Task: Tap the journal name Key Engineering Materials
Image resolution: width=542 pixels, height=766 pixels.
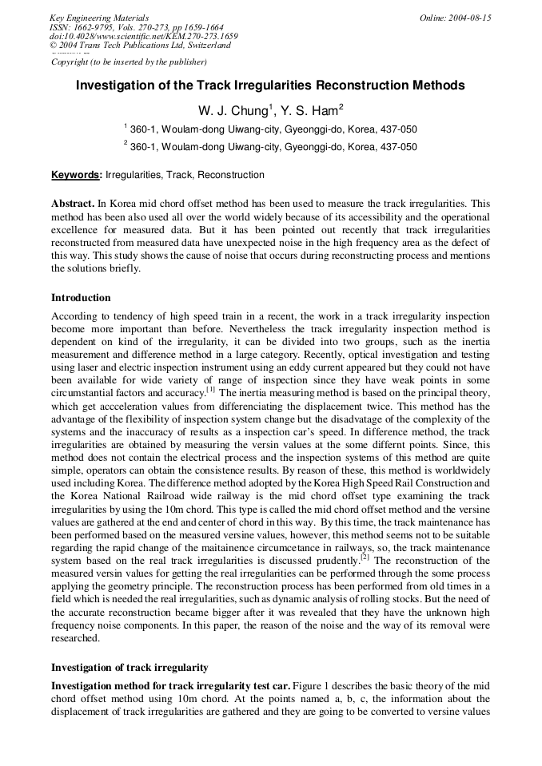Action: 99,18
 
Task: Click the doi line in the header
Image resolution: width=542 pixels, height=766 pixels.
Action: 143,36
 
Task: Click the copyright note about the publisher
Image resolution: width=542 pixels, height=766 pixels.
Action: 129,62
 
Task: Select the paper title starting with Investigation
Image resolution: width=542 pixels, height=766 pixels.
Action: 270,85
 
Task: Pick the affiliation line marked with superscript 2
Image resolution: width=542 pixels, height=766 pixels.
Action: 270,147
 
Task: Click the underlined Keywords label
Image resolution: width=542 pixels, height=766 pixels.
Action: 76,175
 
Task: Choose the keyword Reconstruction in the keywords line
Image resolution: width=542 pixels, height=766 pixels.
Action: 231,175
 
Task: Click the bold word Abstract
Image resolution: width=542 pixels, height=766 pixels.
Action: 73,204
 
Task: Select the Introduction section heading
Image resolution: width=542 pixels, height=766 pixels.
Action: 81,298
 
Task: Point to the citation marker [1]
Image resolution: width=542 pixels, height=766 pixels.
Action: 210,390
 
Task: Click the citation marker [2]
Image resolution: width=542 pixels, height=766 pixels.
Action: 364,558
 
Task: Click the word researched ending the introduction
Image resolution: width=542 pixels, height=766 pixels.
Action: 76,639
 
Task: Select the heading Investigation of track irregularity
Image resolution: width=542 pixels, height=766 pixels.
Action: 130,667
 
